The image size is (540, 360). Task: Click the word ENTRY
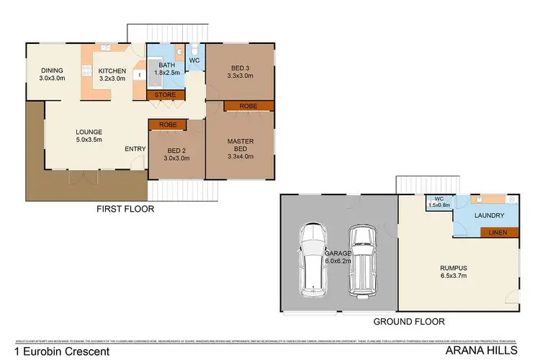pos(135,149)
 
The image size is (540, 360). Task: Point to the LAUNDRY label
pos(492,215)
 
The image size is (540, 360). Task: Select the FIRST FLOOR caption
pos(125,209)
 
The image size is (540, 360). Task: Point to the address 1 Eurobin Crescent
pos(57,351)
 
